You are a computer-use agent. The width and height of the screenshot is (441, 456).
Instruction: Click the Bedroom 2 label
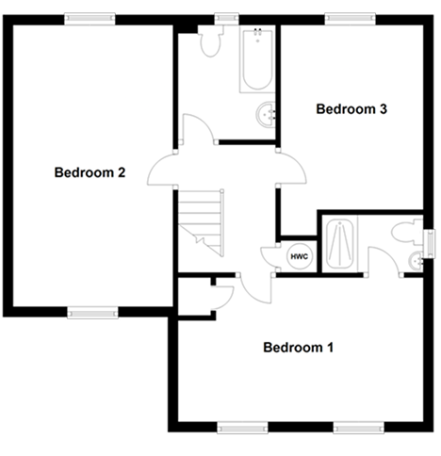click(90, 172)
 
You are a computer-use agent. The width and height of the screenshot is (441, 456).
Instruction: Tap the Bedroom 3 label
click(351, 109)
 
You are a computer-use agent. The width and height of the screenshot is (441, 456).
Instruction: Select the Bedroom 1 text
click(298, 348)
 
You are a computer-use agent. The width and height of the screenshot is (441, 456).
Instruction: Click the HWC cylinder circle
click(300, 256)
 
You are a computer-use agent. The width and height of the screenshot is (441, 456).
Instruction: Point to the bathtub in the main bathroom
click(257, 59)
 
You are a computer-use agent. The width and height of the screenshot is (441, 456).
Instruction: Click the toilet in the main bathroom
click(211, 41)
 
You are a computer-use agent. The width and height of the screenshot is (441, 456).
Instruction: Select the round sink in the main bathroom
click(266, 114)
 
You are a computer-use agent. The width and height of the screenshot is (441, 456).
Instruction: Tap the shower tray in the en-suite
click(340, 243)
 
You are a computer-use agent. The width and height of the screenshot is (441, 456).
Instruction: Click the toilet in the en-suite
click(407, 233)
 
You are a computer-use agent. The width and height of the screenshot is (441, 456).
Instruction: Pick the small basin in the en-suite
click(416, 260)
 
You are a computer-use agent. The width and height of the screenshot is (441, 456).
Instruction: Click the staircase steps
click(201, 223)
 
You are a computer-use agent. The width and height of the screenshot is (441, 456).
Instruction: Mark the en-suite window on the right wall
click(430, 244)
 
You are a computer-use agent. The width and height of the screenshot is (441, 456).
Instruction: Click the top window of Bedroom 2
click(90, 19)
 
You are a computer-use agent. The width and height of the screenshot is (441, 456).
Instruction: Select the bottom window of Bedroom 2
click(92, 313)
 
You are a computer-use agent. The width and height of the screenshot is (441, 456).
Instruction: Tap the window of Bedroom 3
click(351, 19)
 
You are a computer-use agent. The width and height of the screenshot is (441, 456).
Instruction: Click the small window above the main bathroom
click(226, 19)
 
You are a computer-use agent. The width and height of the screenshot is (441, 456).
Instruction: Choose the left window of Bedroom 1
click(242, 428)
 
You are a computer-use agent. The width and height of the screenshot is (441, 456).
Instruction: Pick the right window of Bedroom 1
click(358, 428)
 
